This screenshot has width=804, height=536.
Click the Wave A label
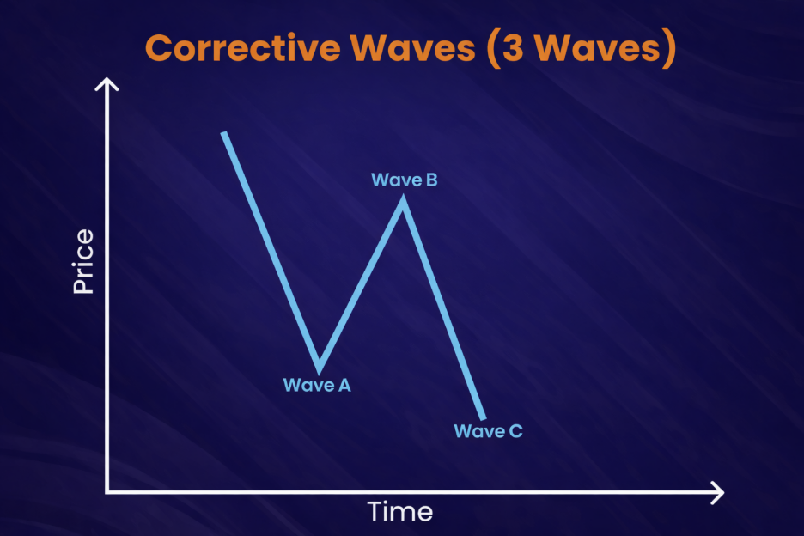coord(317,386)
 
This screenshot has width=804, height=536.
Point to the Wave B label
coord(405,180)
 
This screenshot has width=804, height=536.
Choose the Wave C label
coord(488,431)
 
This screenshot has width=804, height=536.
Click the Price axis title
coord(83,262)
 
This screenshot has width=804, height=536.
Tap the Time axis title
coord(400,512)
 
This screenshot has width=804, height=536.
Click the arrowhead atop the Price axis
coord(107,84)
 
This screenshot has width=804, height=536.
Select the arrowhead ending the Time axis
coord(717,493)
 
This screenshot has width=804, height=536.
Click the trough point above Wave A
coord(320,368)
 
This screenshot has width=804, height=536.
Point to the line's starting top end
coord(223,135)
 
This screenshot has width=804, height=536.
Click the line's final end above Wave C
coord(484,417)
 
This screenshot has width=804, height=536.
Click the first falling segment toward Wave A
coord(271,249)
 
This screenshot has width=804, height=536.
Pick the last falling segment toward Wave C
coord(443,309)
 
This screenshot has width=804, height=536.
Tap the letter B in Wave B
coord(430,180)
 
